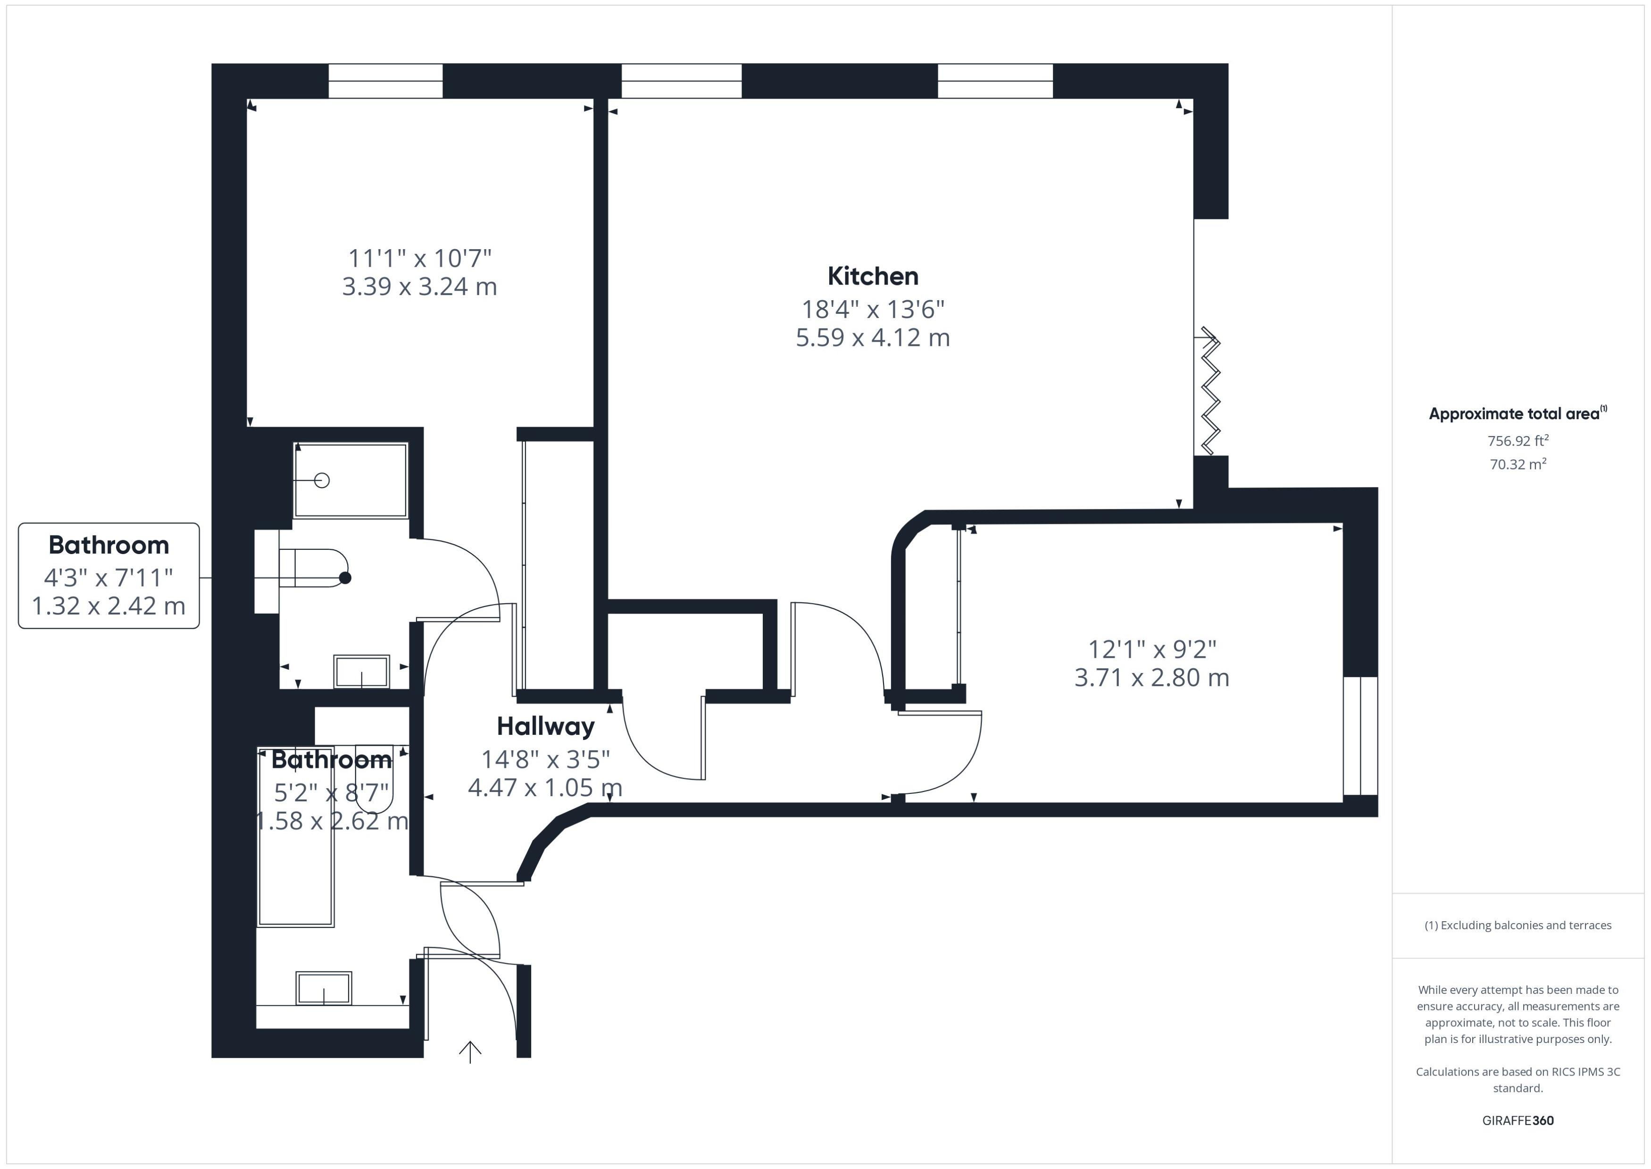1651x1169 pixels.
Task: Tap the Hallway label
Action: point(545,726)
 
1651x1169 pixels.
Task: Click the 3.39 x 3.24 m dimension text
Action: point(419,286)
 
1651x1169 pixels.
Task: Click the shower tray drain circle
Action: point(322,480)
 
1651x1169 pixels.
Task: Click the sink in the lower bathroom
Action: point(324,988)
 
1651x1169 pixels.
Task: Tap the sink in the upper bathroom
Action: point(361,672)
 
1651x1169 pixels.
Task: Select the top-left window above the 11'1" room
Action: point(385,81)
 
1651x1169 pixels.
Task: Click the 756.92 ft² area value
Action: point(1517,440)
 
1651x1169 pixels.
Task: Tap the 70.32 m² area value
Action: point(1517,464)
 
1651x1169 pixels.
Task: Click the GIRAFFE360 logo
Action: point(1517,1121)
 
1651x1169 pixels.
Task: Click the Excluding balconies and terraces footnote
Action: point(1517,925)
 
